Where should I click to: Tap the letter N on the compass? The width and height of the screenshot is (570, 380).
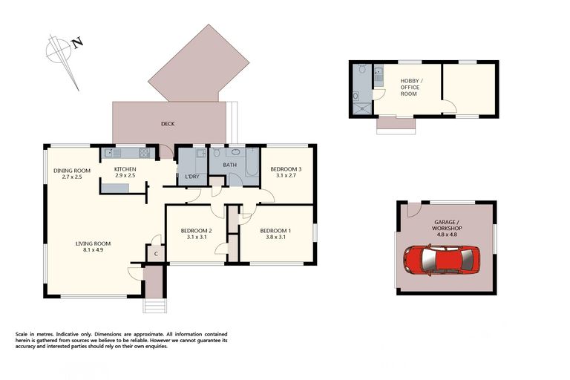[x=78, y=43]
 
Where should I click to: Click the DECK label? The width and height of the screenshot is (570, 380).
[x=168, y=124]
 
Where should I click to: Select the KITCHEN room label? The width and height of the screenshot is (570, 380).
[x=125, y=170]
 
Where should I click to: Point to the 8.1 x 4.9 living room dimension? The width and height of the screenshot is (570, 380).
[x=93, y=251]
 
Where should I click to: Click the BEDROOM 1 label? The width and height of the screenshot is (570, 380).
[x=275, y=231]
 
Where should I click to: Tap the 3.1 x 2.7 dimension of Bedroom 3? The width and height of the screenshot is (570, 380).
[x=285, y=177]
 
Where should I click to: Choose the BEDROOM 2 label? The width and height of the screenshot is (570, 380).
[x=197, y=231]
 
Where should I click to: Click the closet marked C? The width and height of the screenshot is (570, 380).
[x=156, y=253]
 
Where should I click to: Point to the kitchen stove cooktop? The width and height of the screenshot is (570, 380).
[x=142, y=154]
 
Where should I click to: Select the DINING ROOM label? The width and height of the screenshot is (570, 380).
[x=71, y=171]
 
